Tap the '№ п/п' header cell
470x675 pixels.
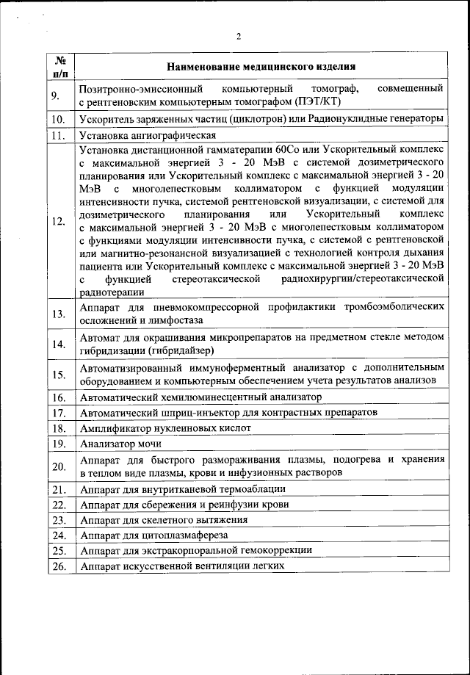[61, 67]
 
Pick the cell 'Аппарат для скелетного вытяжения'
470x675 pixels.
[164, 520]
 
